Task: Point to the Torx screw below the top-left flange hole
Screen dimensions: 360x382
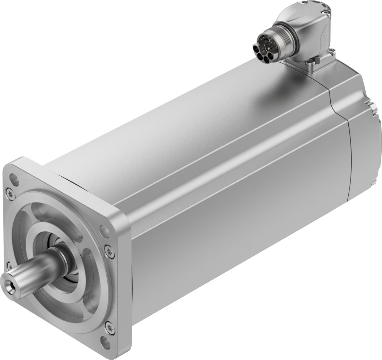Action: tap(10, 194)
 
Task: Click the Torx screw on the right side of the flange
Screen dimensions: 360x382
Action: tap(109, 251)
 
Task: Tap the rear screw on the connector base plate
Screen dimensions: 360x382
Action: tap(332, 51)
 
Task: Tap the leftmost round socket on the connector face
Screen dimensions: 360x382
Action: tap(256, 49)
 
